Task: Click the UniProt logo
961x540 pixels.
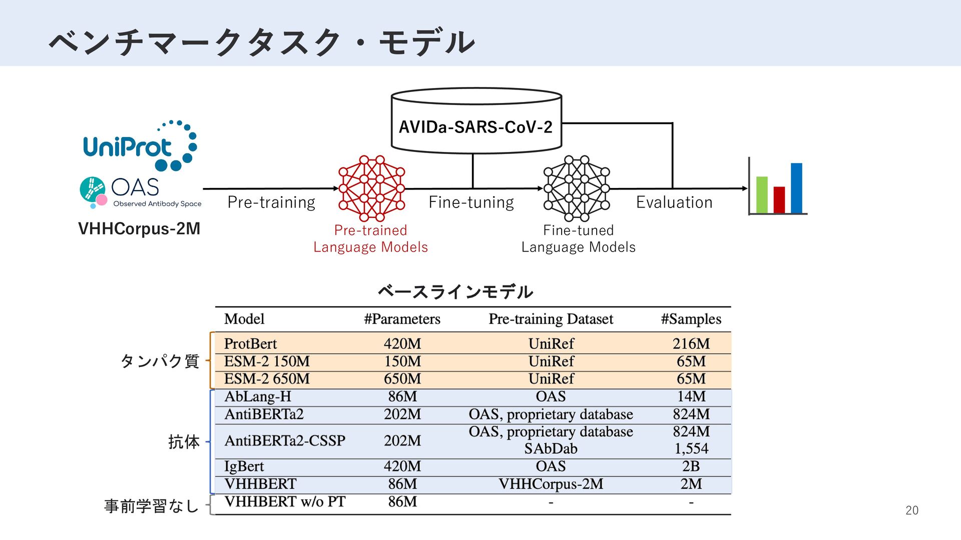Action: click(x=139, y=145)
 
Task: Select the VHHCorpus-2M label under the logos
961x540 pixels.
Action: click(x=139, y=228)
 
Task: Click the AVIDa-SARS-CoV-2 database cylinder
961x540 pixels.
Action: click(x=476, y=121)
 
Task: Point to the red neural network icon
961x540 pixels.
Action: click(x=371, y=188)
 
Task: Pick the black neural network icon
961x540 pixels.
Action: click(x=577, y=188)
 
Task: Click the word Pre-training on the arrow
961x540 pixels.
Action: click(x=271, y=202)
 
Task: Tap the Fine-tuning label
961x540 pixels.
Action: click(x=471, y=202)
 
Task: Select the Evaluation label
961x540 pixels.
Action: click(x=674, y=202)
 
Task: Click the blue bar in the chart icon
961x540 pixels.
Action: click(x=796, y=188)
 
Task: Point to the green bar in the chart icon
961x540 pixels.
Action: click(x=762, y=194)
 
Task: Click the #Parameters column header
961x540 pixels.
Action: click(x=402, y=319)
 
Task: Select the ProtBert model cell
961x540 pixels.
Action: click(x=250, y=343)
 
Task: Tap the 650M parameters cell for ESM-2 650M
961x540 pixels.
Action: click(x=402, y=379)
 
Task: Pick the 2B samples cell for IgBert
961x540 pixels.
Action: click(x=691, y=466)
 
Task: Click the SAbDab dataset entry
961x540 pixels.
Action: click(x=551, y=448)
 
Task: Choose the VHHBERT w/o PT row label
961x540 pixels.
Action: click(x=285, y=501)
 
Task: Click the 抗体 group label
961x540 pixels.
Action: click(x=184, y=442)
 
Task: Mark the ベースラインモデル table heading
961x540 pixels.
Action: click(x=455, y=291)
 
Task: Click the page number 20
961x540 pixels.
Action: click(x=912, y=510)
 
